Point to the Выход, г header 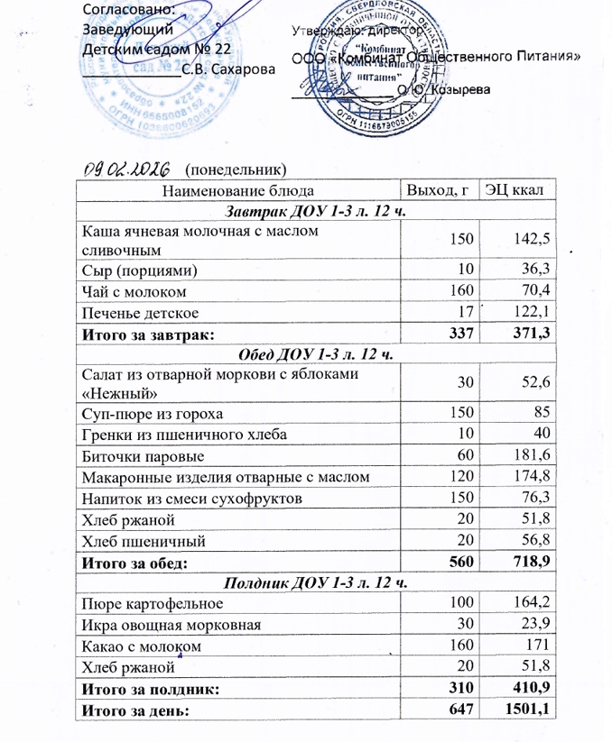click(438, 190)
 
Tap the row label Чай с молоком click(134, 291)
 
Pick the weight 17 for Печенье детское click(465, 312)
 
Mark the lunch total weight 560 click(459, 563)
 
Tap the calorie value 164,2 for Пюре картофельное click(532, 604)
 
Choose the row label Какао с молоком click(140, 646)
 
